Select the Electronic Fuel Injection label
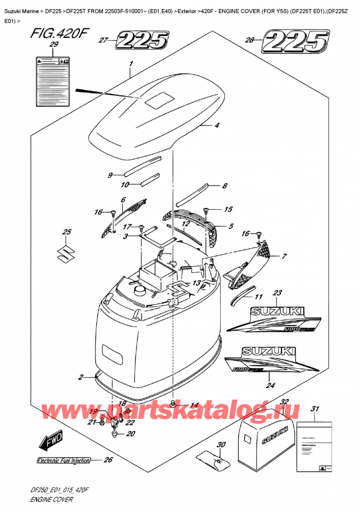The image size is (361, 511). pos(63,461)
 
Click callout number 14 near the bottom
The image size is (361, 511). pos(194,405)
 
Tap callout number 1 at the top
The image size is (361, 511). pos(131,64)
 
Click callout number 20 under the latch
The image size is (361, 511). pos(132,433)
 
